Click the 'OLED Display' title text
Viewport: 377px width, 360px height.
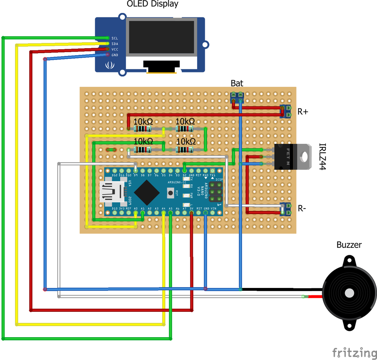(x=152, y=4)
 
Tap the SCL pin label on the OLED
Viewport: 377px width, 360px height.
(x=115, y=38)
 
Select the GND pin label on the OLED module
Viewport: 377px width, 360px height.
(x=115, y=55)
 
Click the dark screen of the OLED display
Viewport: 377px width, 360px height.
(x=161, y=37)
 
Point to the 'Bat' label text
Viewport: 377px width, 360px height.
(x=237, y=83)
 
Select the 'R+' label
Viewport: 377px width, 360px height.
(x=303, y=112)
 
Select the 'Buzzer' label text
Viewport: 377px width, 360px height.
(x=349, y=245)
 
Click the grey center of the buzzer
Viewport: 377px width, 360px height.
(x=349, y=293)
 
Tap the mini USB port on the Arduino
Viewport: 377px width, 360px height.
(x=112, y=192)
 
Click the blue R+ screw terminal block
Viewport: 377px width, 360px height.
(x=286, y=111)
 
